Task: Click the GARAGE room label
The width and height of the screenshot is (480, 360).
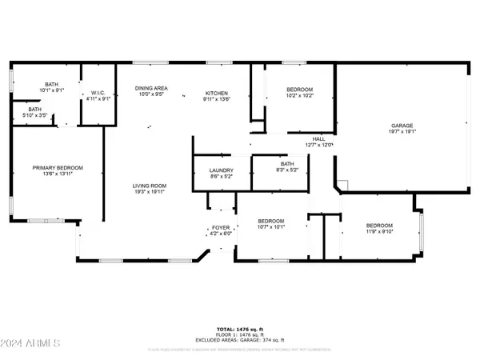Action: [402, 126]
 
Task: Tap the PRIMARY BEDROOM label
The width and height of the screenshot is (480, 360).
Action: [58, 167]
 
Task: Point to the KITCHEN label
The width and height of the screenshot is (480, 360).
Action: [216, 93]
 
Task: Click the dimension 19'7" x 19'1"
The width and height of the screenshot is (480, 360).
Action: [402, 132]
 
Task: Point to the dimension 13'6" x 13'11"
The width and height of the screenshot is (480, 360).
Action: [58, 174]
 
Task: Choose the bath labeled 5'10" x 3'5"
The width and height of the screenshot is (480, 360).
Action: [34, 112]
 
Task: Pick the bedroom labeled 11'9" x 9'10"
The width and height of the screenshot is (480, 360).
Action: [379, 229]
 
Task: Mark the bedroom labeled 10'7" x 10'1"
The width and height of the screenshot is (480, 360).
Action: [269, 223]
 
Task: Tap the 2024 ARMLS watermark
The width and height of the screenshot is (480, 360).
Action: [31, 344]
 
